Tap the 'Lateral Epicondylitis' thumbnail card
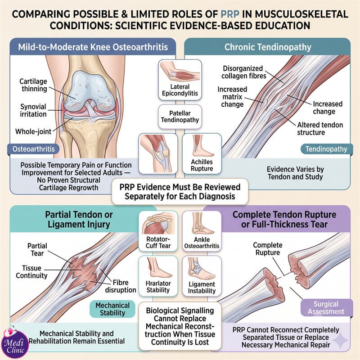pos(180,80)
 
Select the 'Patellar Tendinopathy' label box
pos(180,117)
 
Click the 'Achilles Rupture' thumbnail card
pos(202,153)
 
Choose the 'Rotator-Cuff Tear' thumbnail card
pos(158,231)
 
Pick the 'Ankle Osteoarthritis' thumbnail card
pos(202,231)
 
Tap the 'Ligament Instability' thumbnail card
pos(202,276)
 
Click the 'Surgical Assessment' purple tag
pos(326,308)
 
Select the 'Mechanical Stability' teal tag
pos(112,309)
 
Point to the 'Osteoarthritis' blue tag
pos(33,149)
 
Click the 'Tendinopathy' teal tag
pos(326,149)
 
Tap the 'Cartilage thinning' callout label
pos(33,85)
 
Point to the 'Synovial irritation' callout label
pos(33,110)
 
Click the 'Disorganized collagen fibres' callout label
pos(243,72)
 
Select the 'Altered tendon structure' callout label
pos(320,129)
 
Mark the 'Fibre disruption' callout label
pos(121,286)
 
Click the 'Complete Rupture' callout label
pos(267,249)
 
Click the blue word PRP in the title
pos(230,14)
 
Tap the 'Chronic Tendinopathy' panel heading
pos(268,47)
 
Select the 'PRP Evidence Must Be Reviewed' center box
pos(180,192)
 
